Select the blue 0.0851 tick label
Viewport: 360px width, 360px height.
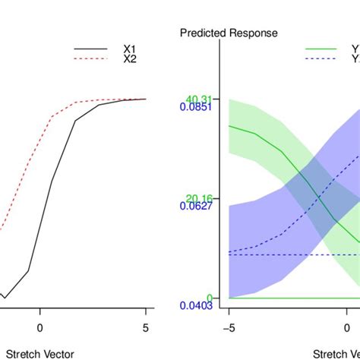click(196, 107)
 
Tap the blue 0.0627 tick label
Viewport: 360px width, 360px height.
click(196, 206)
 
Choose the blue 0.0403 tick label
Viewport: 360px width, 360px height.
click(196, 305)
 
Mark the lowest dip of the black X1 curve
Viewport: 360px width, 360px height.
click(5, 297)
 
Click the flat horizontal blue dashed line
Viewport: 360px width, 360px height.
click(289, 254)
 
